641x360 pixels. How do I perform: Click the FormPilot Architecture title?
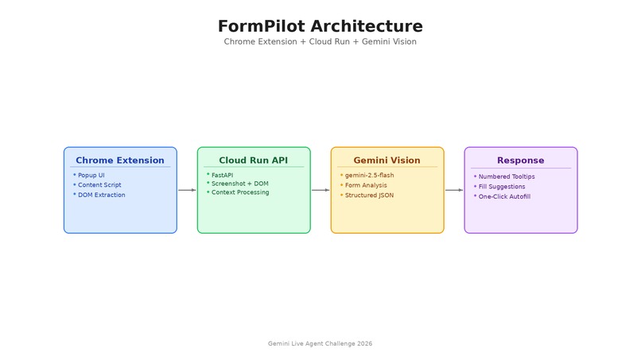click(320, 26)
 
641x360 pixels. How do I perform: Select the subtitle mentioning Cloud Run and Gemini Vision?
click(320, 41)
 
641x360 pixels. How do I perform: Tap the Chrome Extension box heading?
click(120, 161)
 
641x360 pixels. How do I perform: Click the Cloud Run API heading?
click(254, 161)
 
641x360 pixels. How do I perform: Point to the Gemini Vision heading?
click(387, 161)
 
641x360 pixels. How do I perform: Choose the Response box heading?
click(521, 161)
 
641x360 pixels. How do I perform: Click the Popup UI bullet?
click(91, 175)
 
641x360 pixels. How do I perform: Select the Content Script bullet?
click(99, 185)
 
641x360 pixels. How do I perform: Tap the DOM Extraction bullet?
click(101, 195)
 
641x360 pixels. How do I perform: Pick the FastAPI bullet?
click(222, 175)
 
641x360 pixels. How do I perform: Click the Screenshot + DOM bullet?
click(239, 184)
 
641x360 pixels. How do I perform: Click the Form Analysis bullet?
click(366, 185)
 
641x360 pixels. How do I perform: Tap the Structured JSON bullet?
click(369, 195)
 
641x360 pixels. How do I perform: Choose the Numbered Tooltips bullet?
click(507, 176)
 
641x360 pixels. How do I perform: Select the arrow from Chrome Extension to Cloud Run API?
click(187, 190)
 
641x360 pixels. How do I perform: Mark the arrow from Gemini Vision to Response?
click(454, 190)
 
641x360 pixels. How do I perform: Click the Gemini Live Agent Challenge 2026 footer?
click(320, 343)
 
